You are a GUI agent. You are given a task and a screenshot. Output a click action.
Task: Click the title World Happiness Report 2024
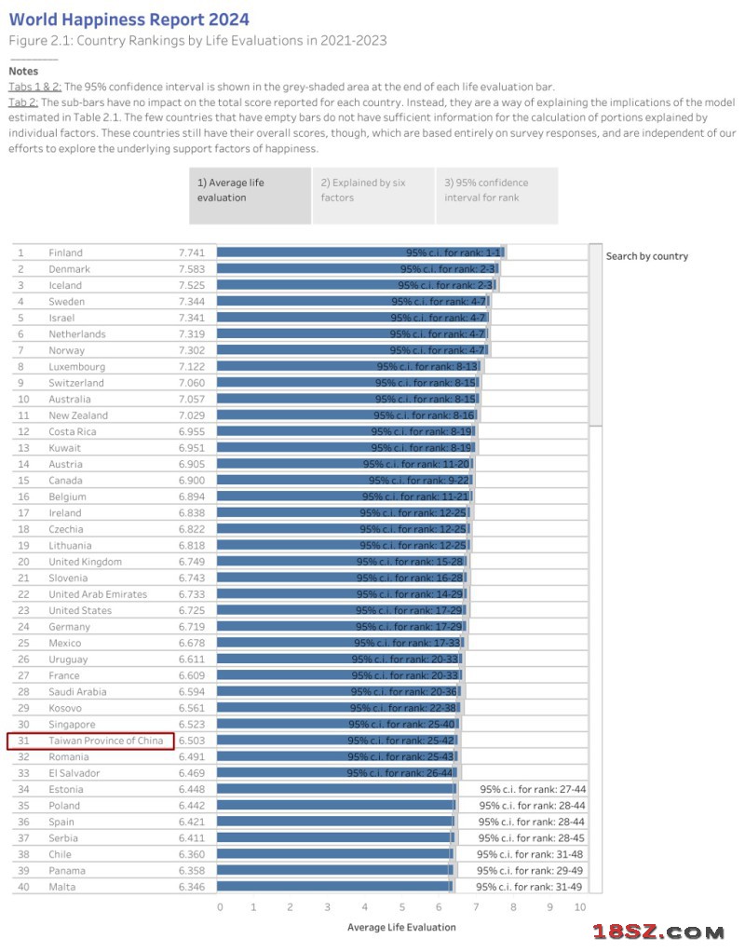tap(129, 20)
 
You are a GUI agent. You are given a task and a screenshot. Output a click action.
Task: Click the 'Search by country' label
tap(646, 256)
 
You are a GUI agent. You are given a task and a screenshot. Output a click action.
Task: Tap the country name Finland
tap(65, 252)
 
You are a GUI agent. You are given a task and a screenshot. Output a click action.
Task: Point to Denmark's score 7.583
tap(192, 269)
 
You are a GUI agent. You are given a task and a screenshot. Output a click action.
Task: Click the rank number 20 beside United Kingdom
tap(24, 562)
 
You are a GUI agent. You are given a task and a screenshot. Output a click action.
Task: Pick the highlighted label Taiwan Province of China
tap(106, 741)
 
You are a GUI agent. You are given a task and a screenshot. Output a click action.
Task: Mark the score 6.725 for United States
tap(192, 610)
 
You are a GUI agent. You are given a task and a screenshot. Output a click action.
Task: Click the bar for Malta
tap(335, 887)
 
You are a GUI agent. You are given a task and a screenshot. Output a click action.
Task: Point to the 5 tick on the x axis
tap(402, 907)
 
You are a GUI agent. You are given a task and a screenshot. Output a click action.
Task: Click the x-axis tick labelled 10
tap(579, 907)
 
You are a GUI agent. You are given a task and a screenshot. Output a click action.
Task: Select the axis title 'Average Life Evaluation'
tap(401, 927)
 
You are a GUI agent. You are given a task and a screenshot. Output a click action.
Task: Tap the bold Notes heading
tap(23, 71)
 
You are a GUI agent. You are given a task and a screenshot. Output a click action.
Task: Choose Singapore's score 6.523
tap(192, 724)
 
